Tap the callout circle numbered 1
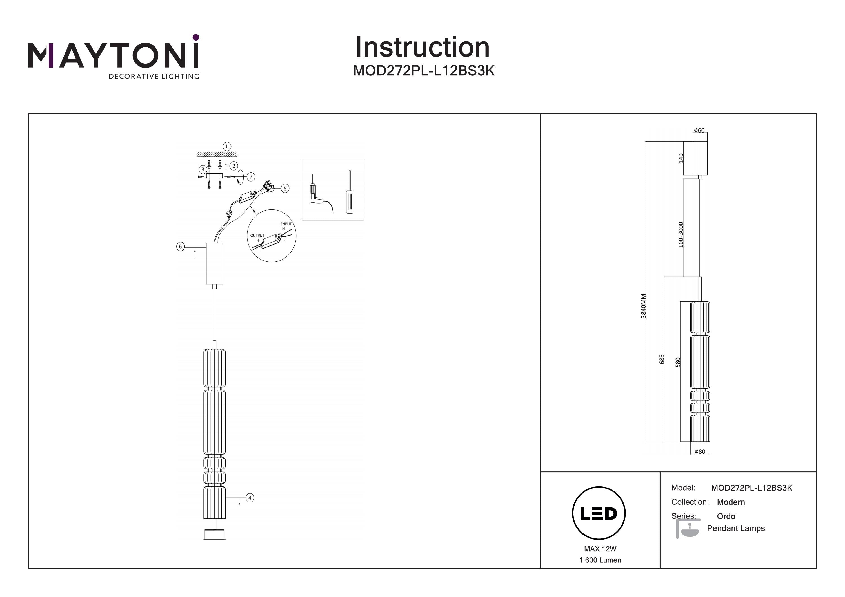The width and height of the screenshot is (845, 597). pyautogui.click(x=227, y=146)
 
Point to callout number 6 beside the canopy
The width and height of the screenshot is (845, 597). pyautogui.click(x=180, y=247)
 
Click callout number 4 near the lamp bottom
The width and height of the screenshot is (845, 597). pyautogui.click(x=250, y=498)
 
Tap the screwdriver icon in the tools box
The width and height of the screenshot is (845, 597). pyautogui.click(x=350, y=192)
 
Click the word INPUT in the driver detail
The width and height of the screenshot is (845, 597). pyautogui.click(x=286, y=224)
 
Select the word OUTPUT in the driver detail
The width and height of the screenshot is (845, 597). pyautogui.click(x=257, y=235)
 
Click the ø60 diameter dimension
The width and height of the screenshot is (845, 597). pyautogui.click(x=699, y=130)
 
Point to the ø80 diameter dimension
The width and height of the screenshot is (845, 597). pyautogui.click(x=700, y=452)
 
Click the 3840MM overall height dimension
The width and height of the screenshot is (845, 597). pyautogui.click(x=643, y=306)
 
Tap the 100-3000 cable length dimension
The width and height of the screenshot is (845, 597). pyautogui.click(x=681, y=235)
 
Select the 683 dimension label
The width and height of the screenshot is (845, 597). pyautogui.click(x=662, y=359)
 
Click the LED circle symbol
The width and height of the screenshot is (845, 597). pyautogui.click(x=599, y=513)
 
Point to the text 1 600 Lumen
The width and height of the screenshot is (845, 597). pyautogui.click(x=600, y=560)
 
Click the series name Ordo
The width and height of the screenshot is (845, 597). pyautogui.click(x=726, y=516)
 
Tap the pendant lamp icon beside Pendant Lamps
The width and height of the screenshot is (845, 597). pyautogui.click(x=688, y=529)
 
